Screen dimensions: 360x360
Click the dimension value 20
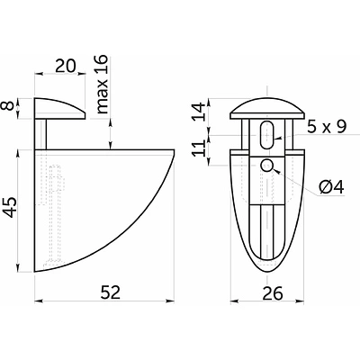66,66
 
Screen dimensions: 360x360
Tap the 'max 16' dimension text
102,85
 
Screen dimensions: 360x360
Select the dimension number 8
9,106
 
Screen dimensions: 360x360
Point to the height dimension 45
9,207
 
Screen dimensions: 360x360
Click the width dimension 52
111,292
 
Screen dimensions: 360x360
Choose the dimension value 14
199,112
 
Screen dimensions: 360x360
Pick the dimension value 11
199,148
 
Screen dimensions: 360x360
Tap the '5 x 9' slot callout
327,127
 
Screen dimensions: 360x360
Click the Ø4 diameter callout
331,187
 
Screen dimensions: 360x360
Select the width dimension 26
273,293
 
